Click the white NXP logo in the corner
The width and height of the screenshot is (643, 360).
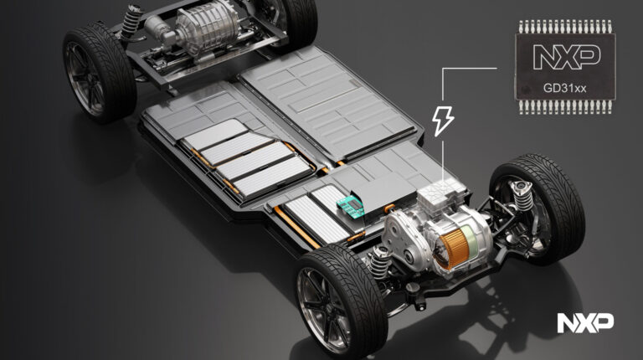585,322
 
